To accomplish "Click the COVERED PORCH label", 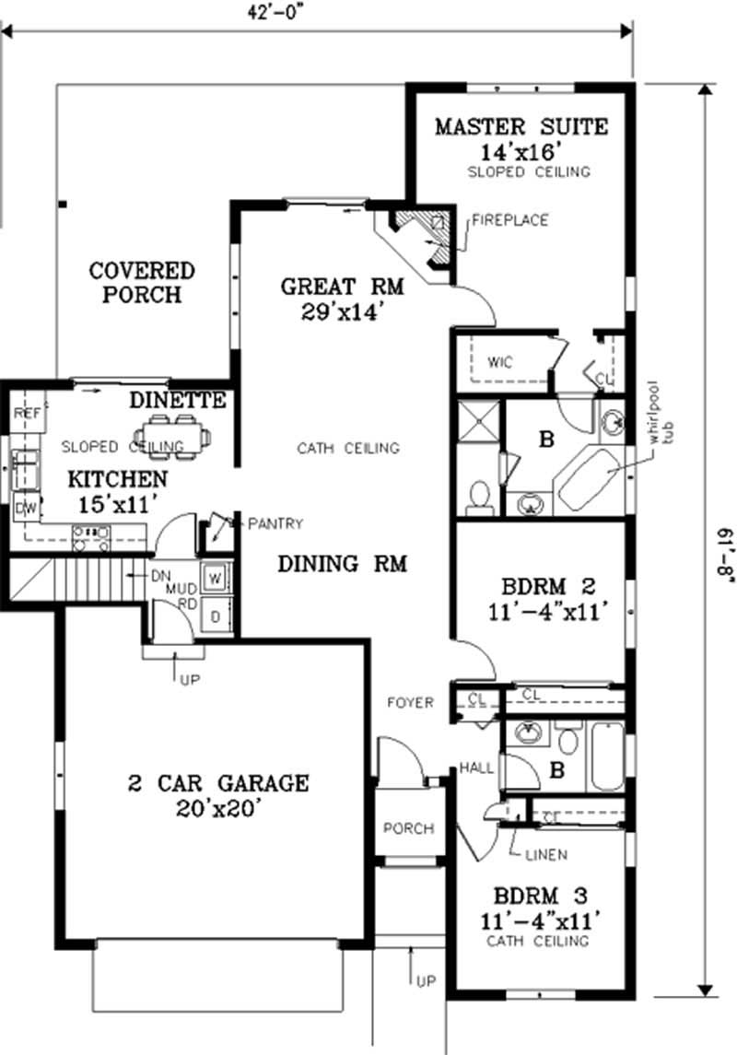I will (142, 282).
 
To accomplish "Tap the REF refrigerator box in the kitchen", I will (27, 415).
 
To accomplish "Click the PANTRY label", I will (274, 523).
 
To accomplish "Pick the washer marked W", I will (215, 578).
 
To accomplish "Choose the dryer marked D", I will (215, 615).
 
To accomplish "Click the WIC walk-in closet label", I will (499, 362).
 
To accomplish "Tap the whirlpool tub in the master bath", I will (591, 476).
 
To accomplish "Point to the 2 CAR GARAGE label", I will (217, 796).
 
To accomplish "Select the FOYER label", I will (411, 703).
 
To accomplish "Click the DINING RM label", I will (342, 563).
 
